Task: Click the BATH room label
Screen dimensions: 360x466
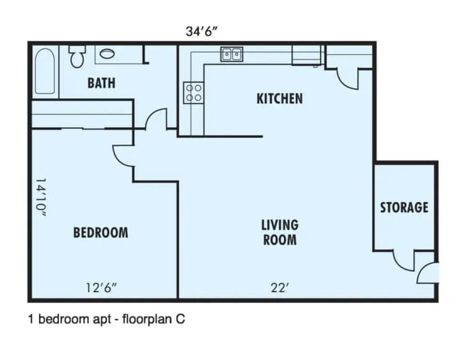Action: click(x=101, y=83)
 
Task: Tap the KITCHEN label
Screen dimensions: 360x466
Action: click(x=280, y=98)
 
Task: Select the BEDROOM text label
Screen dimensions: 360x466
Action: click(x=101, y=233)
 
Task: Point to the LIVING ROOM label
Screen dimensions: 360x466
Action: click(x=279, y=231)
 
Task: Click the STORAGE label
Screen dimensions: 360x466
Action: click(x=404, y=207)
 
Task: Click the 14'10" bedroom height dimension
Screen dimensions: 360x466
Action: click(x=41, y=198)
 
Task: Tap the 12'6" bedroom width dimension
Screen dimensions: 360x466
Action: click(x=101, y=287)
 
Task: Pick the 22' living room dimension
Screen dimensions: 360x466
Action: click(x=278, y=287)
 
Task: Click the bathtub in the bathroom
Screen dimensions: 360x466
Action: click(x=44, y=72)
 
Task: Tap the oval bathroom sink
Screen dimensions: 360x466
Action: click(x=107, y=54)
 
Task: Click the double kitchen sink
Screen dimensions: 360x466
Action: click(x=232, y=55)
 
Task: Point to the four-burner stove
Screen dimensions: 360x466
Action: click(x=193, y=93)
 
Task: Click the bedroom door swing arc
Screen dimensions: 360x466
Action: click(x=123, y=155)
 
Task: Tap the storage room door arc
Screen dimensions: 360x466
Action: click(x=404, y=261)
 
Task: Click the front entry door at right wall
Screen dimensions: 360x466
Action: click(x=429, y=273)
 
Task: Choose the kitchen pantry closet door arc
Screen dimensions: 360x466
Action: click(x=347, y=78)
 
